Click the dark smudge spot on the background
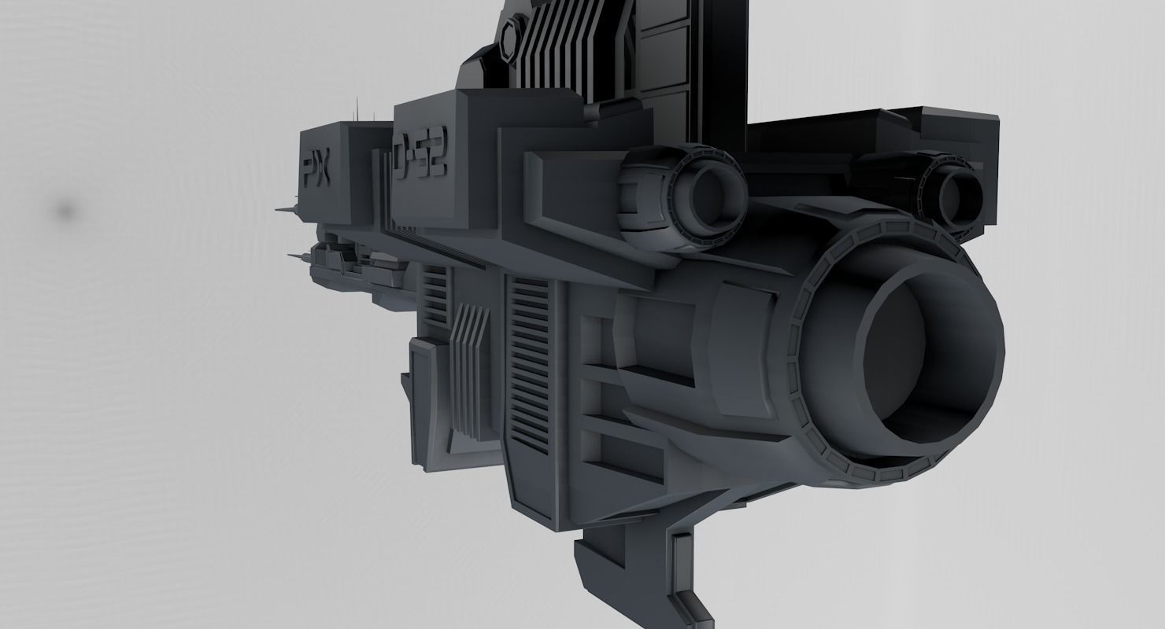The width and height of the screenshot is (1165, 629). point(66,211)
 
